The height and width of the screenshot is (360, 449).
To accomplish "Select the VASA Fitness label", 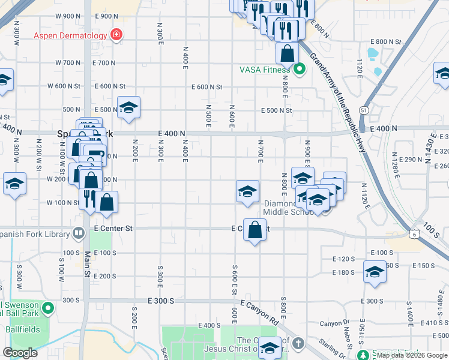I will coord(265,70).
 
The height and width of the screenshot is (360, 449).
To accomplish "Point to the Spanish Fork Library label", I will coord(35,232).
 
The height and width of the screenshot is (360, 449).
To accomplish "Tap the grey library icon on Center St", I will coord(78,232).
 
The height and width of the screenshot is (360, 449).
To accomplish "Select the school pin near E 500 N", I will coord(128,108).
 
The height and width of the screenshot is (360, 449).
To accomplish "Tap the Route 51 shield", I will coord(364,110).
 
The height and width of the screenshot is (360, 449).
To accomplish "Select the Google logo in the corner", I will coord(20,353).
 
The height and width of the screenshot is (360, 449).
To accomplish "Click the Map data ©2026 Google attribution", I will coord(411,355).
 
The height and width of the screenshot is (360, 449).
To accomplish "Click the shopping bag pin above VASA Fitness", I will coord(288,53).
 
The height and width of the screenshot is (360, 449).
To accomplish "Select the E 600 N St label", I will coord(207,87).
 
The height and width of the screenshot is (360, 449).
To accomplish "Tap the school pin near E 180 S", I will coord(375,272).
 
